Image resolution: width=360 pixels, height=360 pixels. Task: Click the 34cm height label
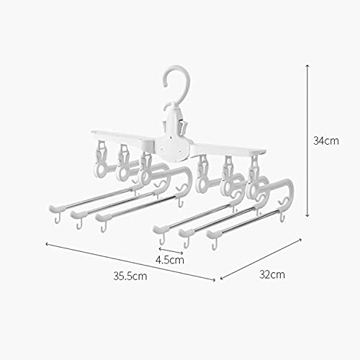point(326,140)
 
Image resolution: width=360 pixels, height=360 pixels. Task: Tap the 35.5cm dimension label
point(130,276)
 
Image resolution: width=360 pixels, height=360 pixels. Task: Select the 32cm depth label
point(272,274)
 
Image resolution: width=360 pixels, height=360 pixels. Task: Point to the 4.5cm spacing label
point(170,260)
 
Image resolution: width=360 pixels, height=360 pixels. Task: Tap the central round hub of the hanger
point(171,146)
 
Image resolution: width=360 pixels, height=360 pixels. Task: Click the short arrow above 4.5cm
point(171,250)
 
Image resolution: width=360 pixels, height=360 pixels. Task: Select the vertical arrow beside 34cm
point(307,140)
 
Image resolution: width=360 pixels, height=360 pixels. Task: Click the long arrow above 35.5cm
point(130,261)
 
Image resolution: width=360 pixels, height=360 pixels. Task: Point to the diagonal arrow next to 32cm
point(261,259)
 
